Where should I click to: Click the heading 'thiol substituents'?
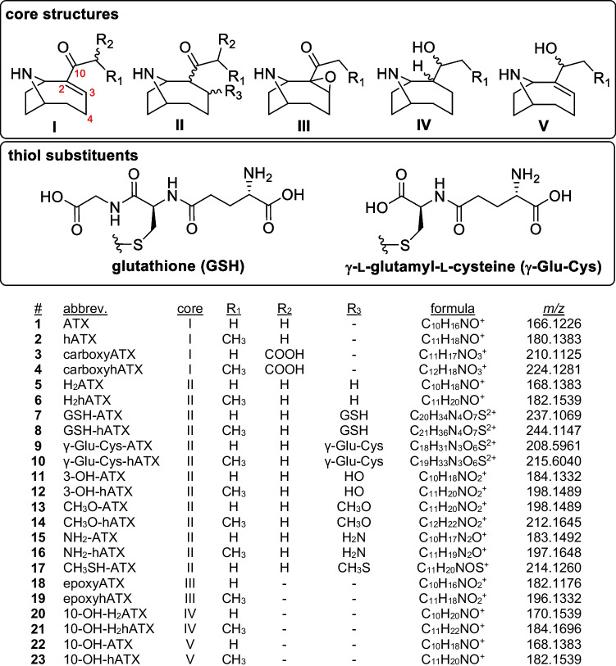[x=71, y=155]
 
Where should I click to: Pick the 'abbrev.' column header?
[x=85, y=309]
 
